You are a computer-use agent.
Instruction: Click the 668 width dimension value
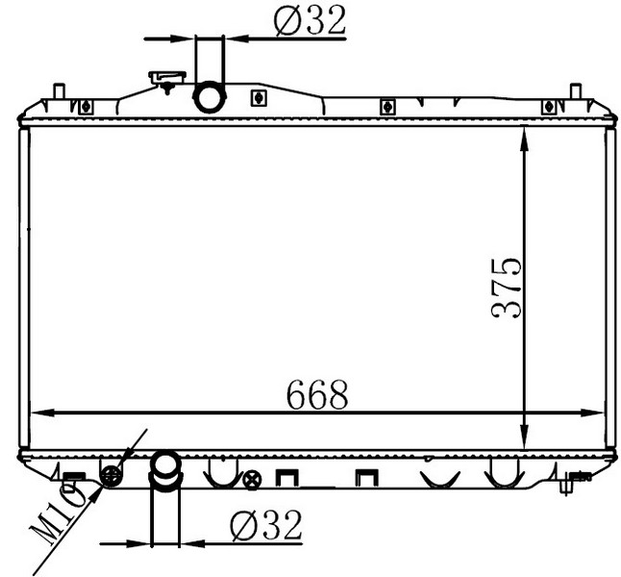[317, 394]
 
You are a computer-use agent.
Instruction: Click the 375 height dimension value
[506, 288]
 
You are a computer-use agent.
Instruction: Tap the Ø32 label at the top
[310, 21]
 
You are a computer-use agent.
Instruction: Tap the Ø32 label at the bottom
[266, 525]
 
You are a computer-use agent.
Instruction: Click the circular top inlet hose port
[210, 97]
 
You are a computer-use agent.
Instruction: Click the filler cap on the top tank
[167, 79]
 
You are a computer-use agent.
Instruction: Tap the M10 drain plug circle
[112, 475]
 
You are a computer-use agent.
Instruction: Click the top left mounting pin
[59, 91]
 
